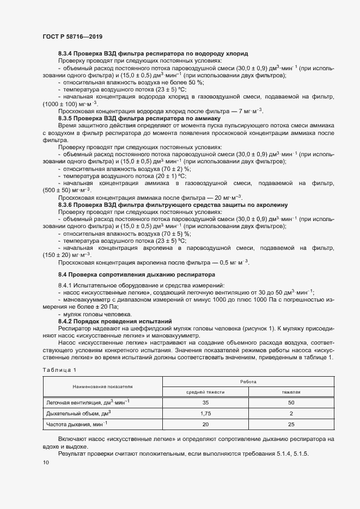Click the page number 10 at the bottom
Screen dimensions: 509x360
point(45,462)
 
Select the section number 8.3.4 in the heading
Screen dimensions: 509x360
point(67,54)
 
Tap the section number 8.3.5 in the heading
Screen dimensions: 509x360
point(67,118)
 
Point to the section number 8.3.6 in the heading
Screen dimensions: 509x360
point(67,204)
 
